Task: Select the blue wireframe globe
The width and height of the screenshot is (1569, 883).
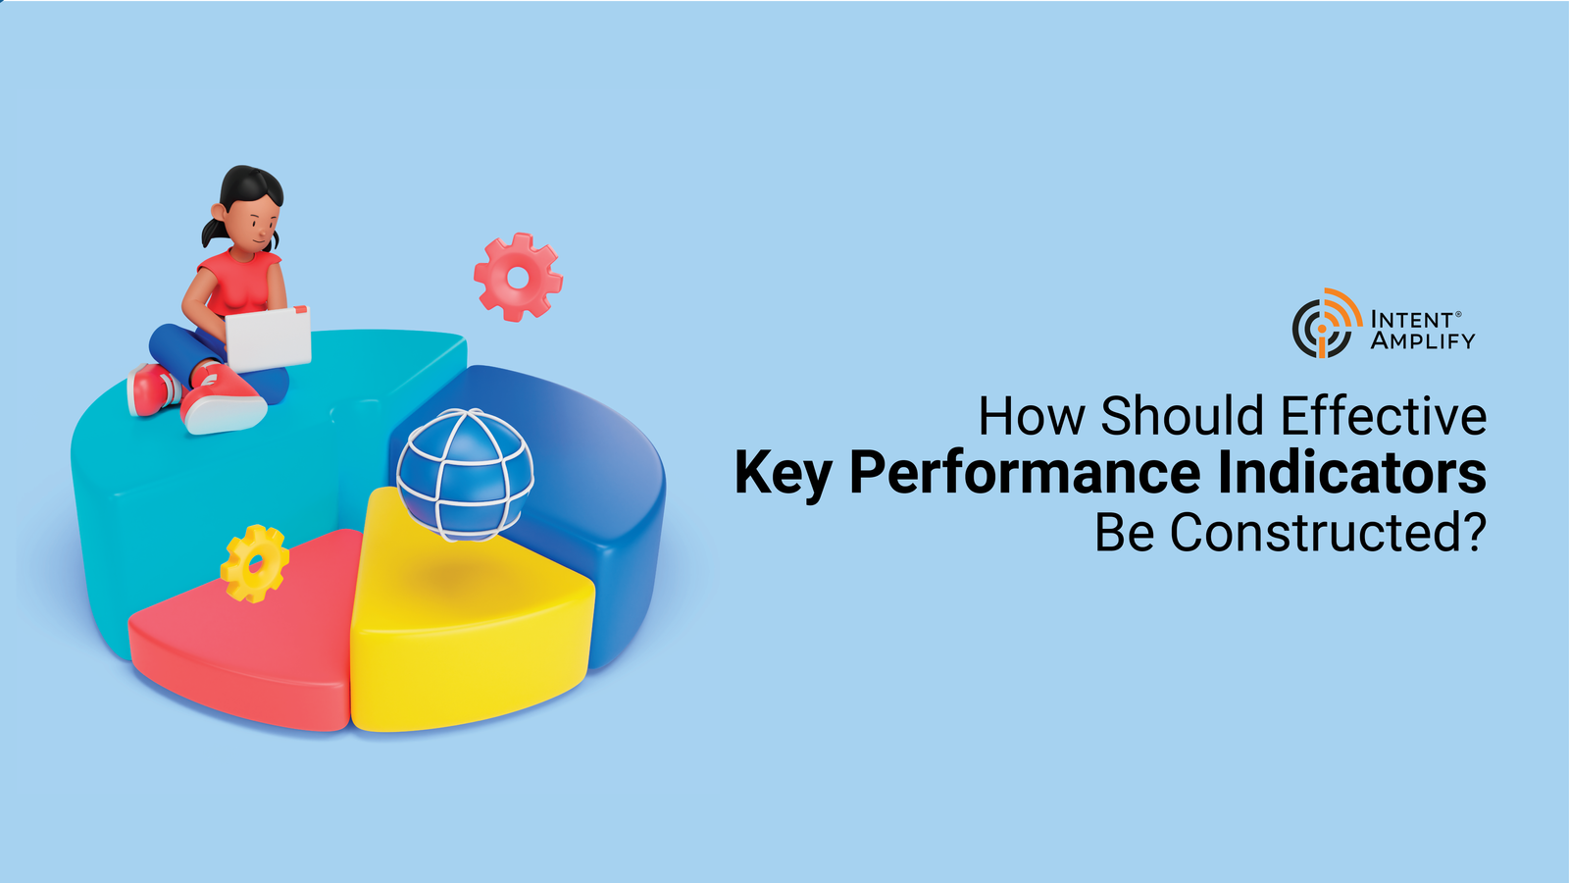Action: point(465,475)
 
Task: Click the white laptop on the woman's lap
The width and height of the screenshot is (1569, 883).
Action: point(269,338)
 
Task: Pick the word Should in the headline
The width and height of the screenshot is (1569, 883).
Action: point(1184,416)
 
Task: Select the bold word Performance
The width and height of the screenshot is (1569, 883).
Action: point(1025,475)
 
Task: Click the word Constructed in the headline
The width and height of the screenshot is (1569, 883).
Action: point(1328,533)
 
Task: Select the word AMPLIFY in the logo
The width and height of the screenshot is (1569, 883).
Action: point(1423,341)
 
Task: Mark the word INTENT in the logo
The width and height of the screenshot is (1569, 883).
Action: point(1411,320)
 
